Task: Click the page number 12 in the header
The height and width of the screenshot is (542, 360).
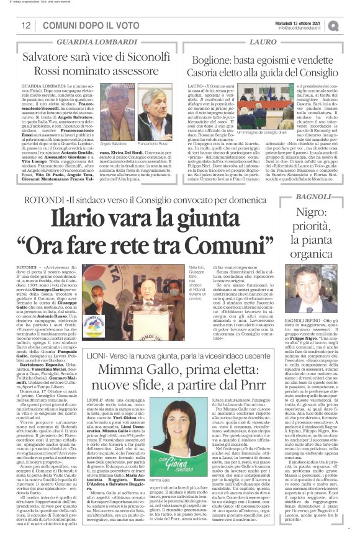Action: tap(26, 26)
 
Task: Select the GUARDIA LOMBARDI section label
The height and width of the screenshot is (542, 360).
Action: tap(94, 42)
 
